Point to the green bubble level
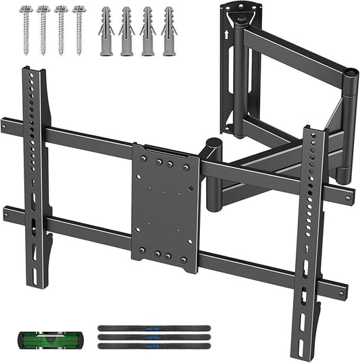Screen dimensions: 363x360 coord(38,337)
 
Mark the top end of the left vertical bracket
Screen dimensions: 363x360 coord(36,72)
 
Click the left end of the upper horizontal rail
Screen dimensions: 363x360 coord(5,125)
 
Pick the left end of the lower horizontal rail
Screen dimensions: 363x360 coord(7,214)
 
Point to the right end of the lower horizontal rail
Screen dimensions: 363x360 coord(344,291)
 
